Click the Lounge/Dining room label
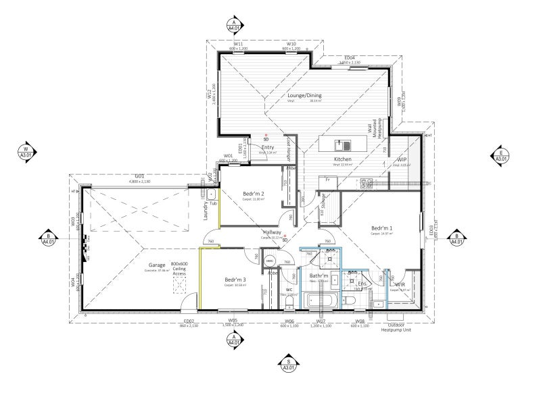302,96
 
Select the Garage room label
157,265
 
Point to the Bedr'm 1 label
383,228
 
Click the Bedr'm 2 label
254,194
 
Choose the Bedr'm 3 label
236,280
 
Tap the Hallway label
272,233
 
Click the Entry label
268,147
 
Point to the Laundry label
204,211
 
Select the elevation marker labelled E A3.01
500,154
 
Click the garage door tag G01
140,178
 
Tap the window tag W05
233,320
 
